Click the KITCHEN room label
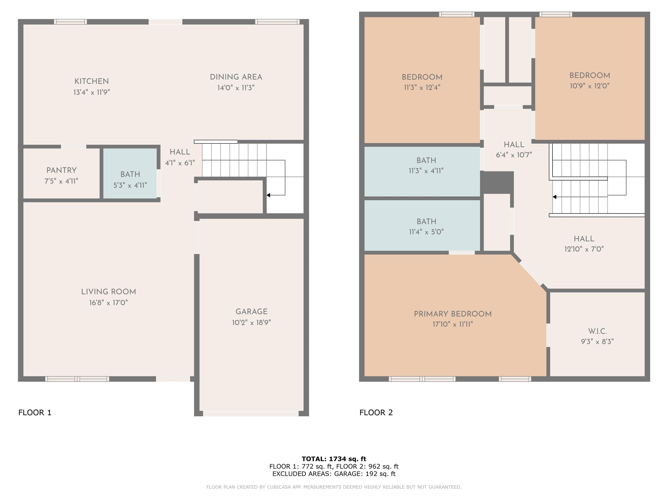[92, 81]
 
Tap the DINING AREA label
[236, 77]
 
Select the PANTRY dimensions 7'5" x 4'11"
[61, 181]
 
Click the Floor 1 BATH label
[130, 174]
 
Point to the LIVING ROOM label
[109, 292]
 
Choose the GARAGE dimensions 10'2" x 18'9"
[251, 322]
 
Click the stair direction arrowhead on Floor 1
[268, 195]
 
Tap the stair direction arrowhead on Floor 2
[554, 197]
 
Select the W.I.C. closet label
[597, 331]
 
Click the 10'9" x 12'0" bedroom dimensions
[590, 86]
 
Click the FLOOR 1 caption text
[35, 412]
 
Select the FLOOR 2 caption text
[376, 412]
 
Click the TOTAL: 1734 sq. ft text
[334, 459]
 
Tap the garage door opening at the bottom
[251, 413]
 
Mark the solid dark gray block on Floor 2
[497, 182]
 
